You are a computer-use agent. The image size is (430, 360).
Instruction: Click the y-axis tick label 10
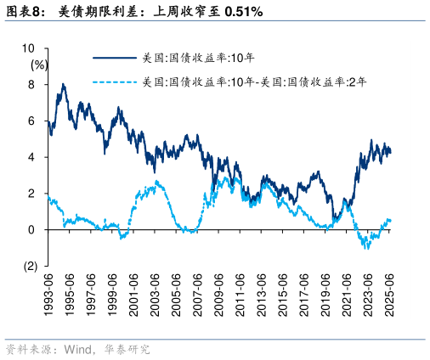coord(29,48)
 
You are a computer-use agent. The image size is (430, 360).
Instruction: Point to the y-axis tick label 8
coord(31,85)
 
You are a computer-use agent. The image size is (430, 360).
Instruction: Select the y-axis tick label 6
coord(31,121)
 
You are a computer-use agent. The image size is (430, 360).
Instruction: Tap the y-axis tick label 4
coord(31,157)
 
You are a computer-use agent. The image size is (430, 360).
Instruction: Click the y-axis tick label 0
coord(31,229)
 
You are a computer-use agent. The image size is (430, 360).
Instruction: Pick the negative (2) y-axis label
coord(30,266)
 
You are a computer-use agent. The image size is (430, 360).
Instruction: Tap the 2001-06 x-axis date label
coord(133,294)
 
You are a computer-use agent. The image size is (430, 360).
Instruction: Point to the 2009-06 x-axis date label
coord(218,294)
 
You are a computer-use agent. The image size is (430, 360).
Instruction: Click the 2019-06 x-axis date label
coord(325,294)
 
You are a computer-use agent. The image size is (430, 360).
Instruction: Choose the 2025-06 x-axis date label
coord(388,294)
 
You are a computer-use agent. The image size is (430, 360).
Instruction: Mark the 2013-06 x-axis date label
coord(261,294)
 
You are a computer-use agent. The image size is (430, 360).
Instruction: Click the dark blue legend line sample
coord(114,58)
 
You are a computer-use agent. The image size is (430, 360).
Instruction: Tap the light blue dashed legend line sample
coord(114,83)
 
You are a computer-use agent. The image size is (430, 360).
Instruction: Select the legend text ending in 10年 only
coord(198,58)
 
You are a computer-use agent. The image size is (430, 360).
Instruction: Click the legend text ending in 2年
coord(255,83)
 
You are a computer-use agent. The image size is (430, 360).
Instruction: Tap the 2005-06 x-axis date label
coord(176,294)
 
